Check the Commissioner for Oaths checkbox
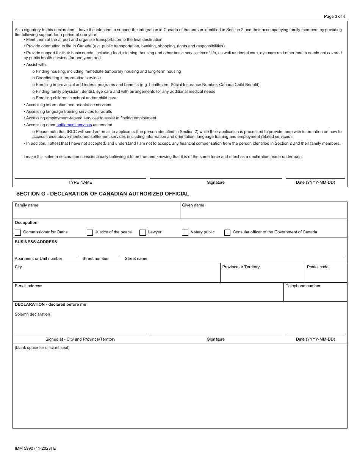(x=18, y=232)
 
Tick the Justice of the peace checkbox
(x=90, y=232)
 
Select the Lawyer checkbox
(x=142, y=232)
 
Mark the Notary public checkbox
(x=185, y=232)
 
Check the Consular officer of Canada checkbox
(x=227, y=232)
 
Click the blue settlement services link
(x=74, y=125)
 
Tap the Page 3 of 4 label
(x=334, y=16)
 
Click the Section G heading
(x=103, y=194)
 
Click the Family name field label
(x=27, y=205)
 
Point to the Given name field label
(x=193, y=205)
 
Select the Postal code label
(x=318, y=267)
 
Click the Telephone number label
(x=303, y=286)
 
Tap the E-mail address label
(x=28, y=286)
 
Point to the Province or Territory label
(x=241, y=267)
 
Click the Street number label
(x=95, y=259)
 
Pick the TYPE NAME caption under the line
(x=80, y=183)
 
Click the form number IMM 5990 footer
(x=35, y=448)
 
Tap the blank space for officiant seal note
(x=42, y=348)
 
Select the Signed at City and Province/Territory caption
(x=80, y=339)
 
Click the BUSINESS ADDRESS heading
(x=36, y=242)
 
